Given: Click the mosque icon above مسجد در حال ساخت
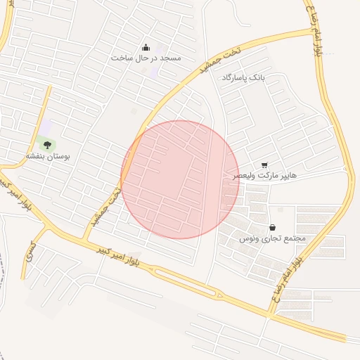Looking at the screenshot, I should tap(146, 47).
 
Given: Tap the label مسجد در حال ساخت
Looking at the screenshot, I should tap(146, 58).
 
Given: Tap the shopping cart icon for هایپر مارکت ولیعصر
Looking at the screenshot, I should tap(264, 165).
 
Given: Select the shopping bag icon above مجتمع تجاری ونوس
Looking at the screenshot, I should tap(272, 227).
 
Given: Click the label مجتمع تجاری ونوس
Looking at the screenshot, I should tap(272, 238).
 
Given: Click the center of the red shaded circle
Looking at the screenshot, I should tap(180, 179).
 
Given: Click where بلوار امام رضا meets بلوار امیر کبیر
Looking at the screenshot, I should tap(271, 314).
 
